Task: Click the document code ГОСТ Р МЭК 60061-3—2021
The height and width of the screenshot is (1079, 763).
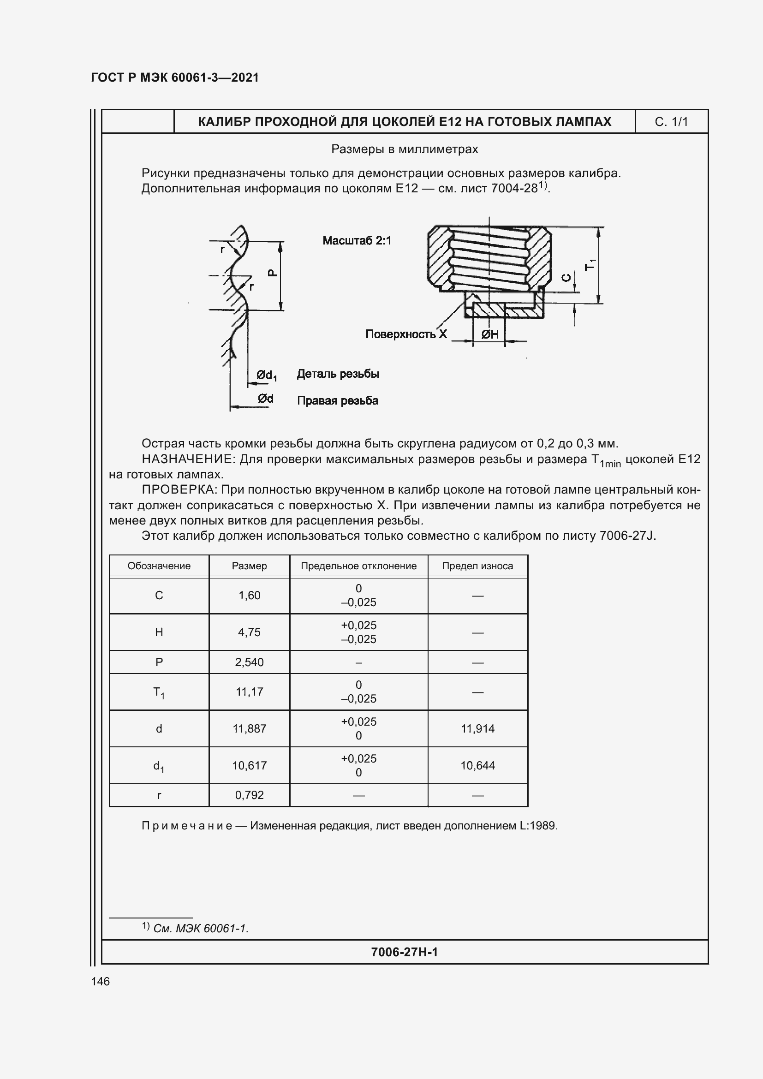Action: pyautogui.click(x=175, y=77)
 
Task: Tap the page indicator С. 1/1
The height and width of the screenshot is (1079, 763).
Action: pyautogui.click(x=671, y=122)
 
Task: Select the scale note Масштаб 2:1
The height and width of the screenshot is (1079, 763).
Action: pyautogui.click(x=357, y=241)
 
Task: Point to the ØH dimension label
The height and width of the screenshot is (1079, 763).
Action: pyautogui.click(x=489, y=334)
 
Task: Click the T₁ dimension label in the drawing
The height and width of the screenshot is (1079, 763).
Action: pyautogui.click(x=590, y=265)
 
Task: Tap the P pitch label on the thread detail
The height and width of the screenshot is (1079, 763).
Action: pyautogui.click(x=272, y=273)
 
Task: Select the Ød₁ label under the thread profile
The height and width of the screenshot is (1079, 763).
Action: pyautogui.click(x=266, y=375)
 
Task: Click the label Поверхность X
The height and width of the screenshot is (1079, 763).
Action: pyautogui.click(x=406, y=334)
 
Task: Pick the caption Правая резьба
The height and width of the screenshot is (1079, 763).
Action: pyautogui.click(x=337, y=401)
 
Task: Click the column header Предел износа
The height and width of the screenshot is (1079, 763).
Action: pyautogui.click(x=477, y=566)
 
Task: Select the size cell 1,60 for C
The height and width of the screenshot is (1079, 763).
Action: pyautogui.click(x=249, y=596)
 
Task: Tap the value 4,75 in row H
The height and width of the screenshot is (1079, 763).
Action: pyautogui.click(x=249, y=632)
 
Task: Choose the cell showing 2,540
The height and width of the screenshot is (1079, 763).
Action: pyautogui.click(x=249, y=662)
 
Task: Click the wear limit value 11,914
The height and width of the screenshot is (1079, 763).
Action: pyautogui.click(x=477, y=728)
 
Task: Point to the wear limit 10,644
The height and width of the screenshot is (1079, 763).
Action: pyautogui.click(x=477, y=766)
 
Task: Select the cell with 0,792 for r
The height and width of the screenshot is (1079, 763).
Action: pyautogui.click(x=249, y=795)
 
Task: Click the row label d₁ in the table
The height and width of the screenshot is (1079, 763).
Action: pyautogui.click(x=159, y=766)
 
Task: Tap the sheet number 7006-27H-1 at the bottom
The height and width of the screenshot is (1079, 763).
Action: pyautogui.click(x=404, y=952)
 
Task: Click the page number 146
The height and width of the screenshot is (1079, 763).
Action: pyautogui.click(x=101, y=981)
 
